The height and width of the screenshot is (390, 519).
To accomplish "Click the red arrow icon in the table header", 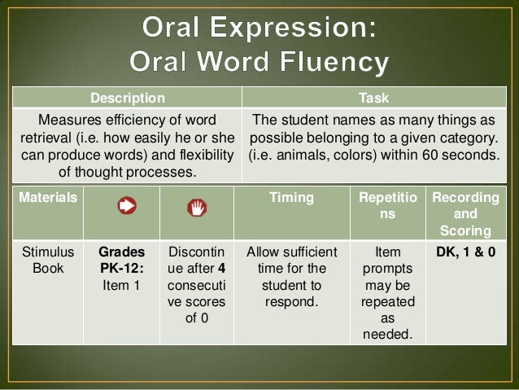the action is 127,205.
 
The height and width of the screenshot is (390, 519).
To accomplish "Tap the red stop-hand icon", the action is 197,208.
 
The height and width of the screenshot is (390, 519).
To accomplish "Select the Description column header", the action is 128,98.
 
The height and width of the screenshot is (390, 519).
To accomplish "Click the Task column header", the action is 373,98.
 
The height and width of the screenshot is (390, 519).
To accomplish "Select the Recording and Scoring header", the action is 465,213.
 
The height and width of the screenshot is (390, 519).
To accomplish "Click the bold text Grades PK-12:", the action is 121,260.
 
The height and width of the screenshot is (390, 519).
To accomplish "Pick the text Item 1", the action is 121,285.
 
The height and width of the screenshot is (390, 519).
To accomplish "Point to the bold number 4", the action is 222,269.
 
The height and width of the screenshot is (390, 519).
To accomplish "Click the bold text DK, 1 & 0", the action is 465,252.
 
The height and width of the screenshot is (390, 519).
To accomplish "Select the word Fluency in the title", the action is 334,62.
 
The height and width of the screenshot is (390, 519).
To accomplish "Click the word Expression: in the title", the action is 294,28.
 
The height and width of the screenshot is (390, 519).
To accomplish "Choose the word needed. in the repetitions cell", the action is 387,335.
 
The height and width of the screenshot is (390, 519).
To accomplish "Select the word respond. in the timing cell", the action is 291,302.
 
